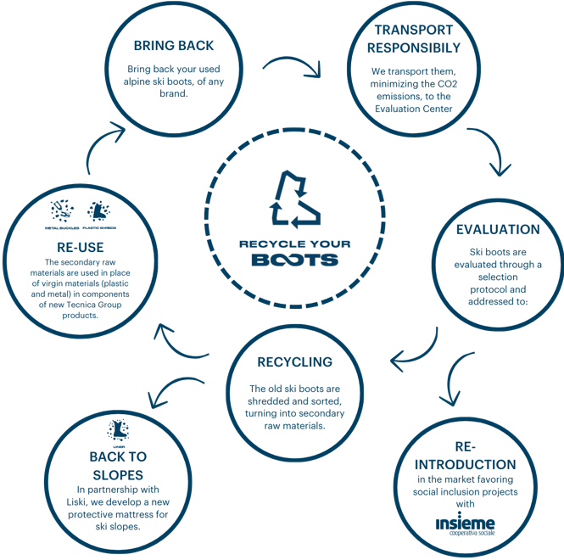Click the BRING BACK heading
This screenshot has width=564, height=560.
pos(174,45)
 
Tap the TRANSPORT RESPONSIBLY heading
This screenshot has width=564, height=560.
pos(417,39)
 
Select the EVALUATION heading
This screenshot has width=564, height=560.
pos(498,230)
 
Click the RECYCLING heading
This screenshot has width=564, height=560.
pos(295,362)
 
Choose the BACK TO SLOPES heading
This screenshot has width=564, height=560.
pos(117,466)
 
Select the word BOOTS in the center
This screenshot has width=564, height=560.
pos(294,259)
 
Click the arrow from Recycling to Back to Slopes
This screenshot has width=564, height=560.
pos(173,387)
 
